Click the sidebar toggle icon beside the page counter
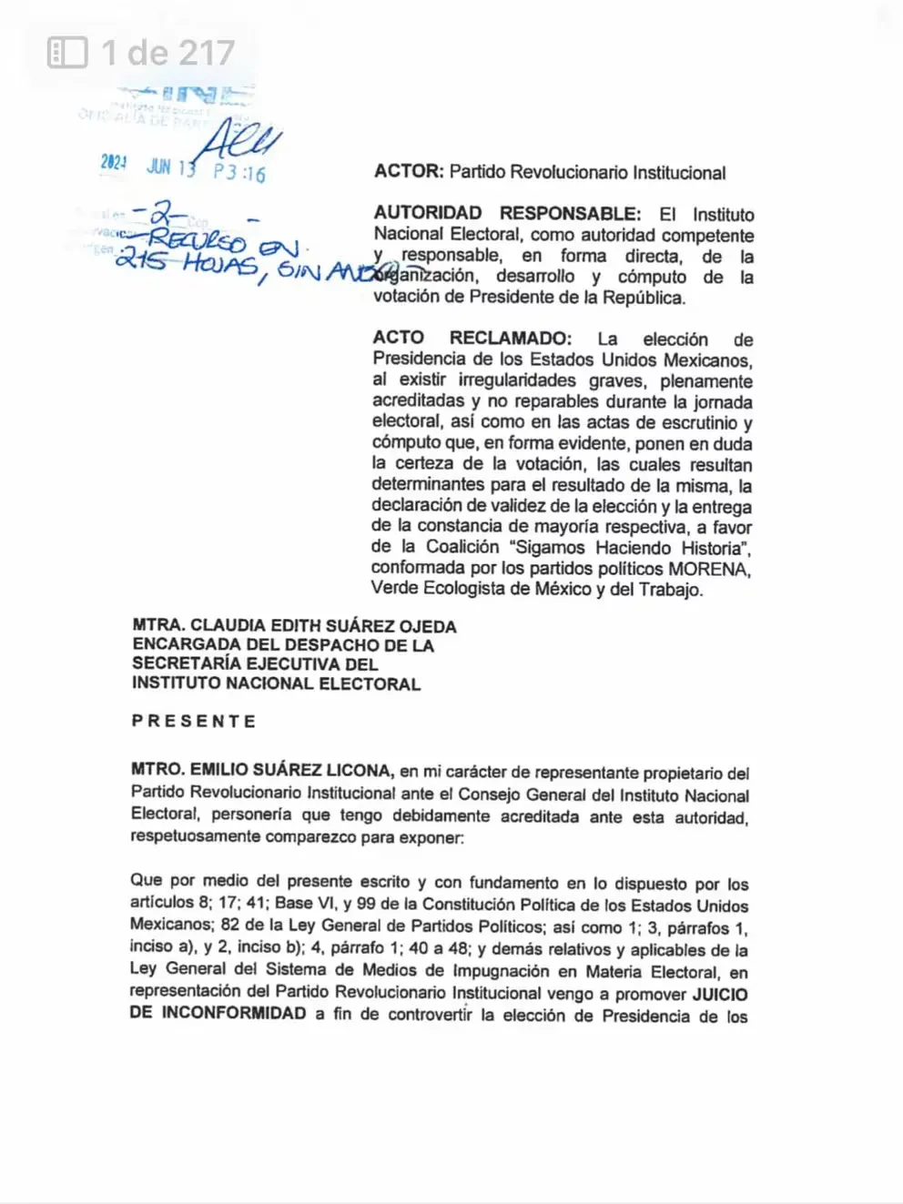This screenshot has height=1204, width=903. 67,53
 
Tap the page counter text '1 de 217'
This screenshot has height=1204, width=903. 168,53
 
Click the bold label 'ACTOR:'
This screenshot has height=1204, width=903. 409,171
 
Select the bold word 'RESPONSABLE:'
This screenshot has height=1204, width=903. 570,214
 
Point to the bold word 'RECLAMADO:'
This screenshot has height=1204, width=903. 511,339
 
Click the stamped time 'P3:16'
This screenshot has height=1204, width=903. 239,172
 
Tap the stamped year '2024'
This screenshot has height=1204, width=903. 114,163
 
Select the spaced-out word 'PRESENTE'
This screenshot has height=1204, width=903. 194,722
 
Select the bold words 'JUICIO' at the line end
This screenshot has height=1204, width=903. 720,995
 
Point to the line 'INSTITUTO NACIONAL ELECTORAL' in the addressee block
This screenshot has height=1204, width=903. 276,684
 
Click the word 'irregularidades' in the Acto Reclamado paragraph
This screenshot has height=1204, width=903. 517,380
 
